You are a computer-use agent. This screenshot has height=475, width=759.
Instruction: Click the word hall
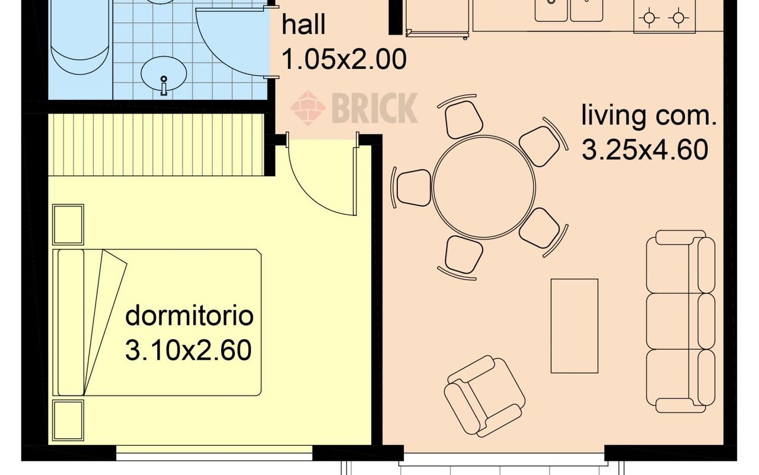tap(303, 24)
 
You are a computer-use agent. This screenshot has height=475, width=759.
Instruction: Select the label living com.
tap(649, 116)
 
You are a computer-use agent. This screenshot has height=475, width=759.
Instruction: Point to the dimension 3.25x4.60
tap(645, 150)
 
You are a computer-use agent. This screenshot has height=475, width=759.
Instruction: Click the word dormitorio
tap(189, 316)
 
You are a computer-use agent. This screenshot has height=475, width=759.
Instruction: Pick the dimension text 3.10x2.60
tap(189, 350)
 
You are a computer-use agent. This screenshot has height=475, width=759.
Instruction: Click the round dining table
tap(484, 187)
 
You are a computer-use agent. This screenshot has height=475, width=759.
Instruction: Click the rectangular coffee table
tap(575, 326)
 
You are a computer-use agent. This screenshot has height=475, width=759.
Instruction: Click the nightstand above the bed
tap(68, 224)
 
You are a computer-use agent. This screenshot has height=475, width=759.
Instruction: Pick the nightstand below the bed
tap(68, 420)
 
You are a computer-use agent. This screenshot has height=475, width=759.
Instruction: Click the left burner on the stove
tap(649, 18)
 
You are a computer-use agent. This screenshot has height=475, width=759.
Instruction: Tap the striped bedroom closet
tap(156, 144)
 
